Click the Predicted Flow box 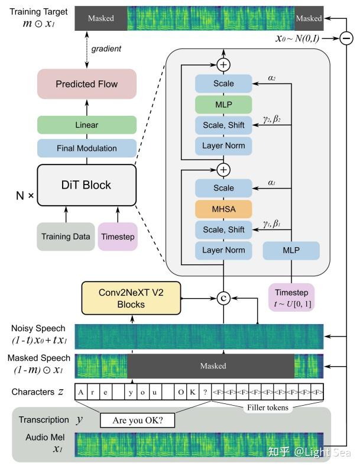coord(87,84)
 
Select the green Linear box coord(87,125)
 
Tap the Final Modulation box coord(87,148)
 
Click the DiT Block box coord(87,185)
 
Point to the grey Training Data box coord(66,237)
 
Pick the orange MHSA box coord(223,209)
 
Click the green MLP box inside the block coord(223,105)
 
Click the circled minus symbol coord(346,38)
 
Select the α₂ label coord(272,77)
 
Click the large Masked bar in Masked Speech coord(211,366)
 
